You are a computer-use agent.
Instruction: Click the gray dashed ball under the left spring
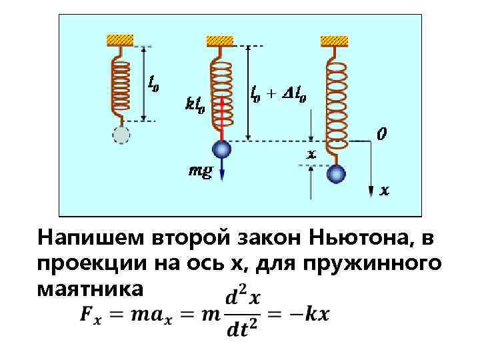[x=121, y=135]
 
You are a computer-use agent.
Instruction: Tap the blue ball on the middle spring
[x=221, y=149]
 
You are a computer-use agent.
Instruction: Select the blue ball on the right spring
[x=337, y=175]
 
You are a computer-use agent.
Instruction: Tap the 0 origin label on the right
[x=381, y=135]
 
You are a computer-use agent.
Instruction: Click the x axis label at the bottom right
[x=385, y=191]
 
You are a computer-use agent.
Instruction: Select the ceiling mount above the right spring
[x=334, y=41]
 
